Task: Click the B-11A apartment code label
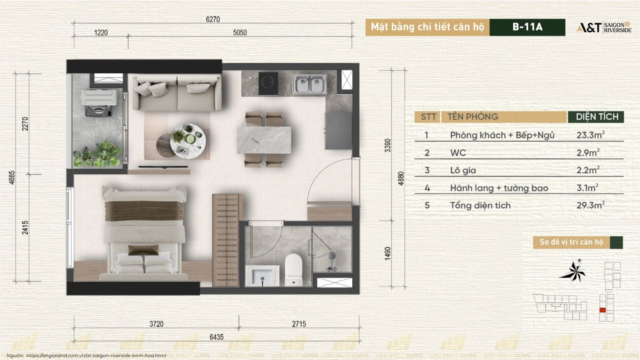coord(527,27)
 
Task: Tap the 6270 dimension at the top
coord(213,19)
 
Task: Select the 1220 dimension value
coord(101,32)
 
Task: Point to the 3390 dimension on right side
coord(387,145)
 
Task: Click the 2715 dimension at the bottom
coord(299,324)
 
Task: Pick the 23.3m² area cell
coord(590,135)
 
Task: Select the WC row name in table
coord(458,153)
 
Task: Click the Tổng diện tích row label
coord(480,206)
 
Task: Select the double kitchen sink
coord(310,84)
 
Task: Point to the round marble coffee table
coord(189,140)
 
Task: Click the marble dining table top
coord(264,140)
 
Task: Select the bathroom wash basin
coord(262,276)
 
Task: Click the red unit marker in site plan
coord(602,310)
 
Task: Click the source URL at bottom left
coord(96,355)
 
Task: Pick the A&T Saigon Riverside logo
coord(604,27)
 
